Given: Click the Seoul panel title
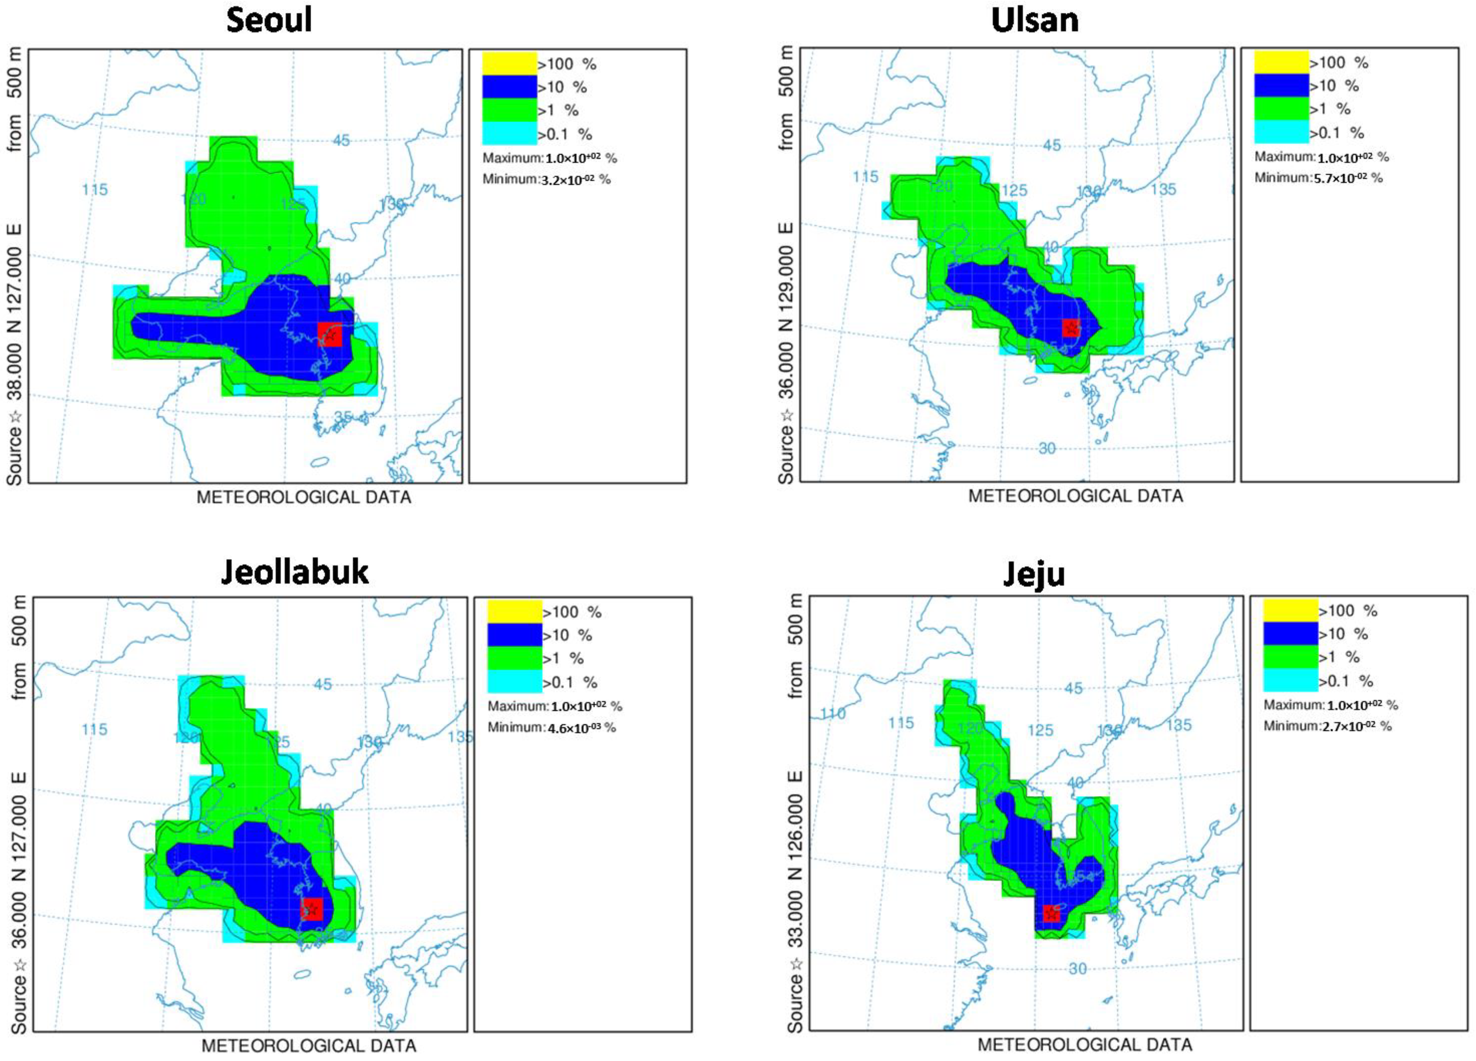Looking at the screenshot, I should click(x=269, y=20).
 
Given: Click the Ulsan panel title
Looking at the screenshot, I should click(x=1034, y=20).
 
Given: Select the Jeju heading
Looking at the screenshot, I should click(x=1033, y=573).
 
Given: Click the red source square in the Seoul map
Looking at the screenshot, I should click(x=330, y=334).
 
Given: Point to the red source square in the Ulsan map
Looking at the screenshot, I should click(x=1071, y=328).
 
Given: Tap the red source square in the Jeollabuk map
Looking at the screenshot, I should click(x=312, y=909).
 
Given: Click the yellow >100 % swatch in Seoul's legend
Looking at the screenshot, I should click(x=509, y=63).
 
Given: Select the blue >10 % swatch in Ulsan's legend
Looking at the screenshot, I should click(x=1281, y=85).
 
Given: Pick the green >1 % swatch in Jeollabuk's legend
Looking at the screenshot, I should click(x=514, y=658).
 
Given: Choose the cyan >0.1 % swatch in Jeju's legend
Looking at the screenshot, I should click(x=1290, y=680).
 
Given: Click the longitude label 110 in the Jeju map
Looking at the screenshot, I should click(x=832, y=713).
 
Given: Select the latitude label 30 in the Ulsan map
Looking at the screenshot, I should click(x=1047, y=448).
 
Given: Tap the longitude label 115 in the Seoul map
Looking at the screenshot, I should click(x=95, y=189).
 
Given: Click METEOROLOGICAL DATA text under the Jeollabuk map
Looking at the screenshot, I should click(x=309, y=1045).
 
